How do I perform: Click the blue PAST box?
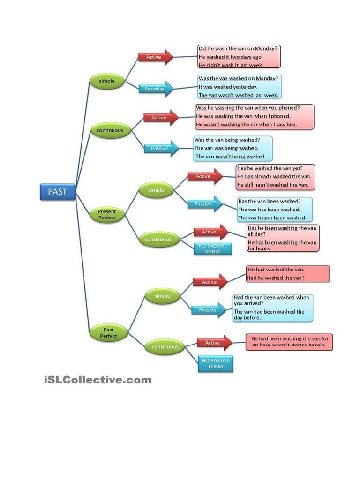pos(58,191)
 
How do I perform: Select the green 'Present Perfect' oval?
pos(107,215)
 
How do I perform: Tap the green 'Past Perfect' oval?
pos(108,333)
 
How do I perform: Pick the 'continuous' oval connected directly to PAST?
pos(110,130)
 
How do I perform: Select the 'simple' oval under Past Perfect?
pos(162,296)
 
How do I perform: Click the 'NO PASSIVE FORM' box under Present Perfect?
pos(213,248)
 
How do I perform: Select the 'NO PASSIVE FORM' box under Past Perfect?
pos(215,364)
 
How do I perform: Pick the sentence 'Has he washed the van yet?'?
pos(270,168)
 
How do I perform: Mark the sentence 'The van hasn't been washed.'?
pos(272,217)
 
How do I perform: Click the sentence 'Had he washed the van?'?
pos(276,278)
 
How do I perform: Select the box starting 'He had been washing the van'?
pos(289,342)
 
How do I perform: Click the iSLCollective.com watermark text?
pos(97,380)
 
